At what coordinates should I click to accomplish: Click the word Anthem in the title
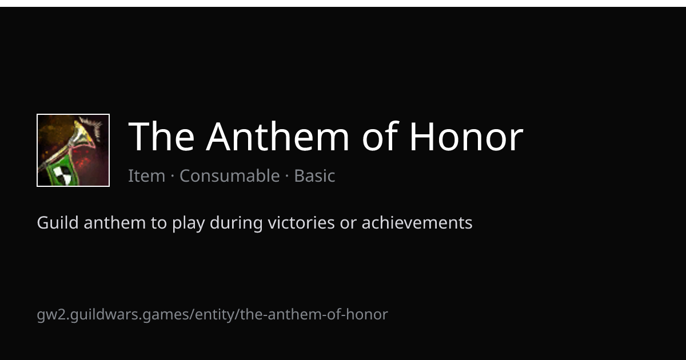[277, 136]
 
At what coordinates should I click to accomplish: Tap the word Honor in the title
[466, 136]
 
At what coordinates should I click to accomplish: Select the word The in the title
[161, 136]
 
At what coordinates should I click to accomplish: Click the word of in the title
[380, 136]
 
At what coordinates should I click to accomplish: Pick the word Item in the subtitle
[147, 176]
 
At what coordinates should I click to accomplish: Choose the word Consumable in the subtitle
[230, 176]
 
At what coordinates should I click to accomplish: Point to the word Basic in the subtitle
[314, 176]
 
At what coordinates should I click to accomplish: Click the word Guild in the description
[58, 222]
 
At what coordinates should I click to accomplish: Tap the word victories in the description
[301, 222]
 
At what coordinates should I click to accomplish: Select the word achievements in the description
[417, 222]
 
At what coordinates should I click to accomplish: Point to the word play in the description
[188, 223]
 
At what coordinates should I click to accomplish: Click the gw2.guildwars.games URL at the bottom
[212, 315]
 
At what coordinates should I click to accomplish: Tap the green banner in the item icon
[61, 170]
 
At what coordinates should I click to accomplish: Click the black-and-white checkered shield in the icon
[63, 175]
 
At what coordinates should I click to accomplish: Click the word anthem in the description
[114, 222]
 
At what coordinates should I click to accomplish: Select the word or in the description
[348, 225]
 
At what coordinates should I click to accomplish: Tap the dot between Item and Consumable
[173, 176]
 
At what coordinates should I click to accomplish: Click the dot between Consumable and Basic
[287, 176]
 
